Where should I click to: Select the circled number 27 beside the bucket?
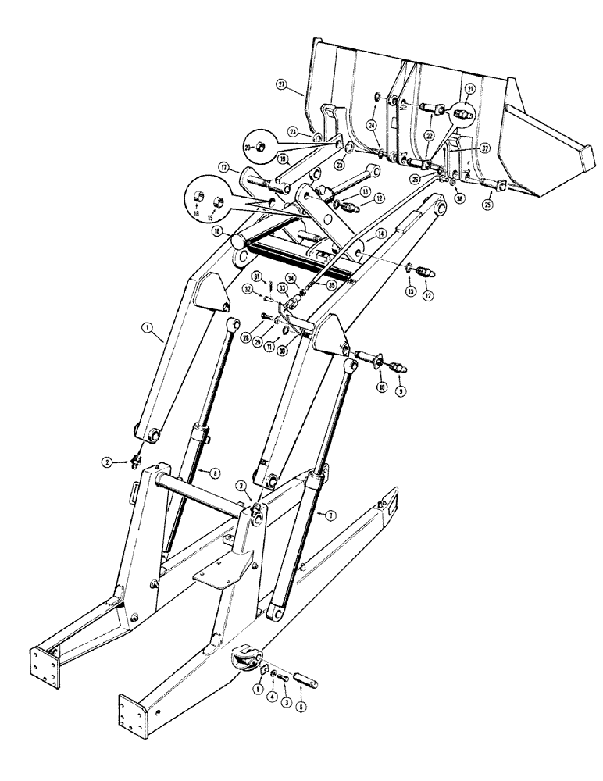pyautogui.click(x=282, y=84)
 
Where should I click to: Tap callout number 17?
pyautogui.click(x=223, y=166)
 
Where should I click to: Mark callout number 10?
pyautogui.click(x=382, y=386)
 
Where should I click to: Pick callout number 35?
pyautogui.click(x=331, y=285)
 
